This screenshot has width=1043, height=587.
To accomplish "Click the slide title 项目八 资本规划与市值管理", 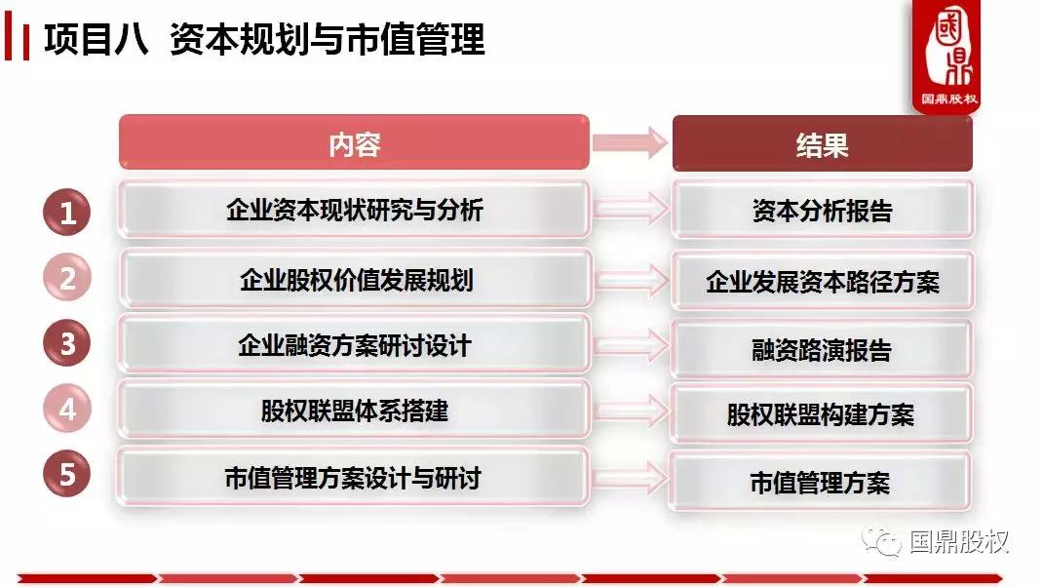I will [264, 40].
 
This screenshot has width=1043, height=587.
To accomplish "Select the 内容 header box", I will [354, 144].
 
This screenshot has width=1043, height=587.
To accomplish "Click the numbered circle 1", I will [67, 214].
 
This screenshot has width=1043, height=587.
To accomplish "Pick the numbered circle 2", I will [67, 279].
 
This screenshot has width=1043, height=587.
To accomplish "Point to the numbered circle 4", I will [67, 410].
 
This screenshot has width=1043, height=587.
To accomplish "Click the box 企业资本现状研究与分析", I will [354, 210].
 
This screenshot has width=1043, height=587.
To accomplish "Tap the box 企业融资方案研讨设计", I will [354, 345].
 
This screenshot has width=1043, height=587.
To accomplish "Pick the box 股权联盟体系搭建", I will [354, 411].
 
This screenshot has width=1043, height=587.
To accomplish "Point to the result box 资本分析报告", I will [822, 211].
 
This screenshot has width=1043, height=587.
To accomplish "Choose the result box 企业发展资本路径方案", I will [822, 282].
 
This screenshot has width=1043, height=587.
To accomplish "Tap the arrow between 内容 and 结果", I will [631, 142].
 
